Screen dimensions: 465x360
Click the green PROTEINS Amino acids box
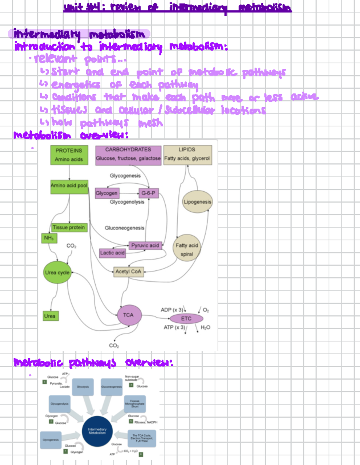[x=69, y=155]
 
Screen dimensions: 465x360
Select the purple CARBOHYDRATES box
[x=128, y=155]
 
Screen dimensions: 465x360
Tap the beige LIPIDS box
[x=187, y=155]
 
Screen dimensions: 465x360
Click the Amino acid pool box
[x=69, y=186]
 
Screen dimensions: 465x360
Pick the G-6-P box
[x=148, y=193]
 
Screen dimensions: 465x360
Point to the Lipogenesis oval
[x=197, y=202]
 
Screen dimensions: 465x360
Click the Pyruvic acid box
[x=145, y=246]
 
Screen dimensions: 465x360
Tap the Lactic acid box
[x=112, y=253]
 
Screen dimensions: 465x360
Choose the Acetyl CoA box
[x=128, y=272]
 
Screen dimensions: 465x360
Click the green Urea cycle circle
[x=57, y=273]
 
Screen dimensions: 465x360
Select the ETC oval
[x=186, y=318]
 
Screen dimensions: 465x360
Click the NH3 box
[x=49, y=238]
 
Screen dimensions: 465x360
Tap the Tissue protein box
[x=69, y=228]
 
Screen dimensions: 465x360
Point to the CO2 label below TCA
[x=114, y=345]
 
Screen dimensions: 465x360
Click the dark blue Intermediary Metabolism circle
[x=97, y=431]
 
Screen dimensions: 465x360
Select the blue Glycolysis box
[x=83, y=387]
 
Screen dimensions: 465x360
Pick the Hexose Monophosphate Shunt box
[x=135, y=404]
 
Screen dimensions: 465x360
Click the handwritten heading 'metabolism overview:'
[x=71, y=136]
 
